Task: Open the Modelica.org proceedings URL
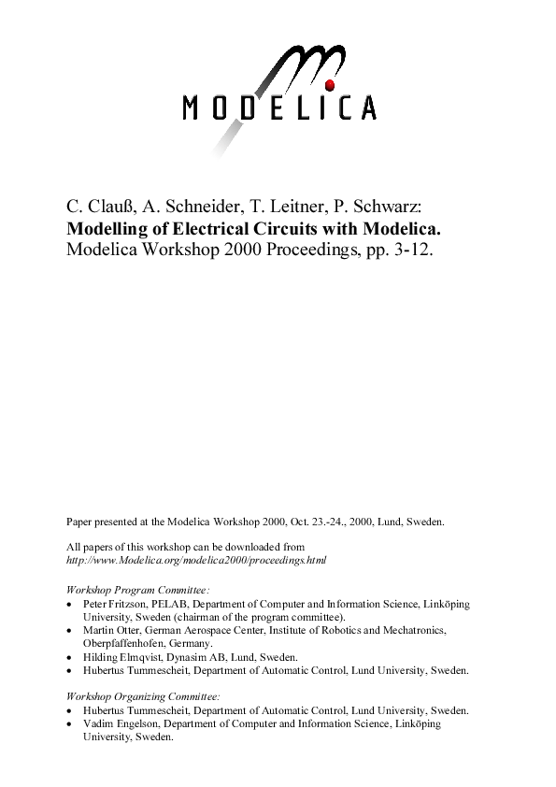(x=196, y=559)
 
